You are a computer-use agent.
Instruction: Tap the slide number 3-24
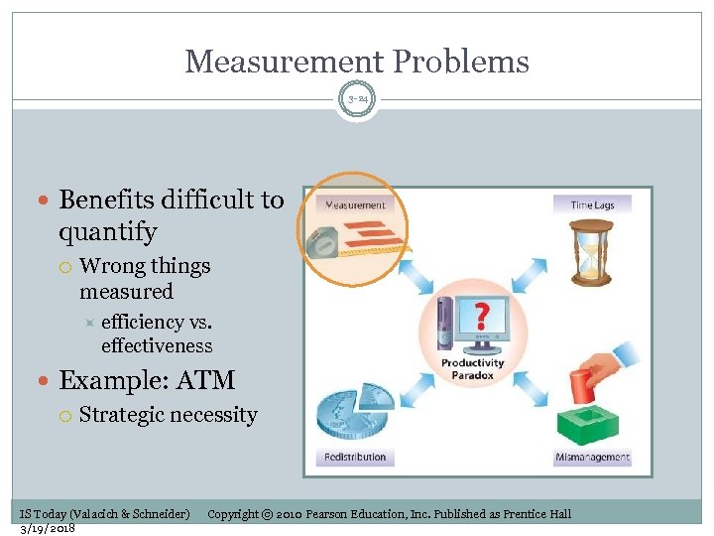(x=357, y=99)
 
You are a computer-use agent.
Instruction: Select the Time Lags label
(x=592, y=205)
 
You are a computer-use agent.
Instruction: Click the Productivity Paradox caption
(x=472, y=368)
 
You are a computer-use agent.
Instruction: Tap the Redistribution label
(x=354, y=458)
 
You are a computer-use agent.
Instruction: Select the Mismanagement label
(x=593, y=458)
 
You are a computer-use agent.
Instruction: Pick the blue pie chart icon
(x=352, y=411)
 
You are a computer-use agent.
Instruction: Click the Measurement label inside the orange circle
(x=354, y=205)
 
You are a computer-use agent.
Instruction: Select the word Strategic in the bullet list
(x=124, y=415)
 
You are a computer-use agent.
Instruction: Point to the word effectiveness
(x=157, y=345)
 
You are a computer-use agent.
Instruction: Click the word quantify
(x=108, y=232)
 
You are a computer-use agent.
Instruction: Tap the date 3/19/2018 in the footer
(x=48, y=527)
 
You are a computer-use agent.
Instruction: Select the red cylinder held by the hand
(x=581, y=382)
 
